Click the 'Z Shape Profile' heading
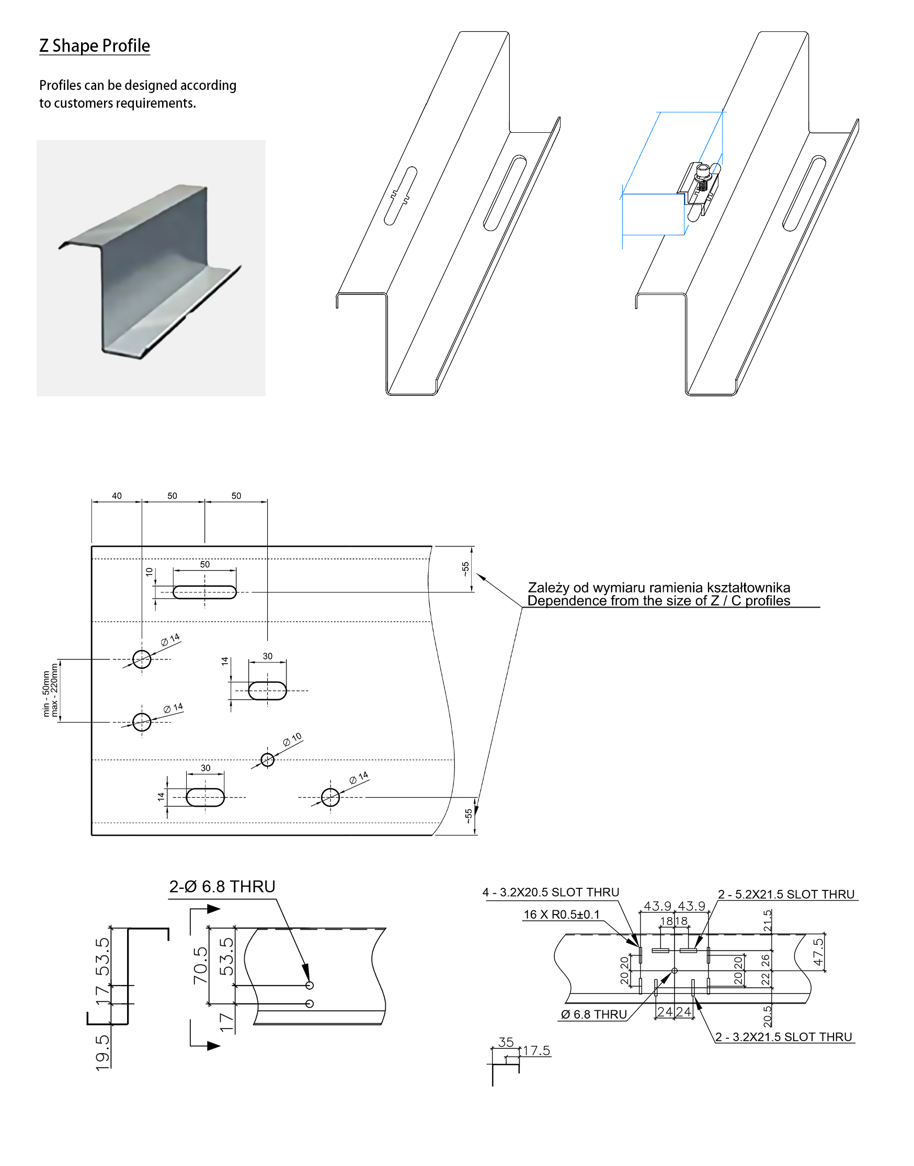pos(94,46)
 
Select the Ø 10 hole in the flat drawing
pos(268,759)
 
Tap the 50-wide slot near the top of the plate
pos(204,592)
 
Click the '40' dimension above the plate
pos(117,496)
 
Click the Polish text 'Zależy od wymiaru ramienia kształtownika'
pos(659,587)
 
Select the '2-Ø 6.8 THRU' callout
pos(222,887)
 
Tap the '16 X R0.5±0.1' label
pos(562,914)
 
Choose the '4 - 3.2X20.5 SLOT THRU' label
pos(551,892)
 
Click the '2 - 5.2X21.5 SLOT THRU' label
pos(786,894)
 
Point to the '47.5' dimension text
pos(818,952)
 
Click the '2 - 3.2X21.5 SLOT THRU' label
pos(784,1036)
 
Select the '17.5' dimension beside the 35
pos(536,1050)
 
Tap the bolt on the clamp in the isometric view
pos(703,175)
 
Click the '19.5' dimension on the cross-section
pos(102,1053)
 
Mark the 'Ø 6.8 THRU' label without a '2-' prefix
pos(594,1014)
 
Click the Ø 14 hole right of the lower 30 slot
pos(330,797)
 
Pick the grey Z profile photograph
pos(151,268)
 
